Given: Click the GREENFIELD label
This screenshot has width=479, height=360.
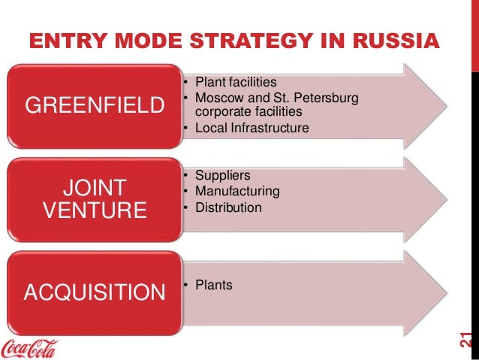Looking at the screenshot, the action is [x=95, y=106].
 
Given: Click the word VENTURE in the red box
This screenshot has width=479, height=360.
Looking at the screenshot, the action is [x=94, y=210].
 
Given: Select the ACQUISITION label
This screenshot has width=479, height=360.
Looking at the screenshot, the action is [x=95, y=291].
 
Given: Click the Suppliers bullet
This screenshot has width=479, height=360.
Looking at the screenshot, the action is [x=223, y=175].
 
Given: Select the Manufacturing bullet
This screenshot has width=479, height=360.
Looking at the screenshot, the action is [x=237, y=191].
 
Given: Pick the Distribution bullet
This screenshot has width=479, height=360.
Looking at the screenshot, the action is [x=228, y=207].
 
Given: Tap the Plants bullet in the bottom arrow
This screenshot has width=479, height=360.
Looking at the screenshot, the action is [x=213, y=285].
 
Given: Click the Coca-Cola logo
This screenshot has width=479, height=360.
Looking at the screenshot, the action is [x=33, y=347].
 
